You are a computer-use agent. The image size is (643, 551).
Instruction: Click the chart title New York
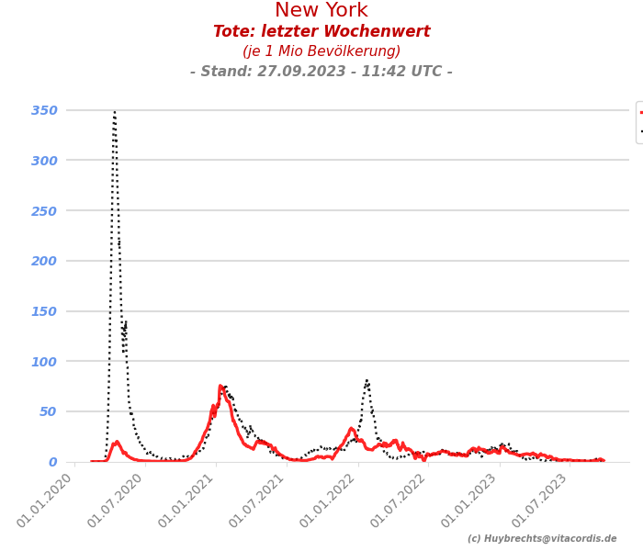321,11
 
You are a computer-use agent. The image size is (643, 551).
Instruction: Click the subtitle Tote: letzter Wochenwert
321,32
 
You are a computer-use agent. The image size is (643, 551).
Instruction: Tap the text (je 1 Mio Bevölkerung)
321,52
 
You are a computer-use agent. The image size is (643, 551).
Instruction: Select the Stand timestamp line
321,72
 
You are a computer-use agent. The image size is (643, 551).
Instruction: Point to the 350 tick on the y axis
44,110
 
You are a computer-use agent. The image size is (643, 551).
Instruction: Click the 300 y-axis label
44,161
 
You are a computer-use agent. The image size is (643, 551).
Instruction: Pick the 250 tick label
44,210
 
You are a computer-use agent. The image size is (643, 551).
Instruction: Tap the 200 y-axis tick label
44,261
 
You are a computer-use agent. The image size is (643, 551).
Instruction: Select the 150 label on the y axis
44,311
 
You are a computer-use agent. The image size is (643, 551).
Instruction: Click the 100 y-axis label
44,361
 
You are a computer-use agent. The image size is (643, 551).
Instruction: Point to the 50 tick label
48,411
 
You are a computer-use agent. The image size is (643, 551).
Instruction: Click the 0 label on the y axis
52,462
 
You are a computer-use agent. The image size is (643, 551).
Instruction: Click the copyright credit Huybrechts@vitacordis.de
542,539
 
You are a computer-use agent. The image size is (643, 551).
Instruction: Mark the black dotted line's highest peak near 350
115,112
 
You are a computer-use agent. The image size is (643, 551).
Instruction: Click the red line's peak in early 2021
220,387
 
